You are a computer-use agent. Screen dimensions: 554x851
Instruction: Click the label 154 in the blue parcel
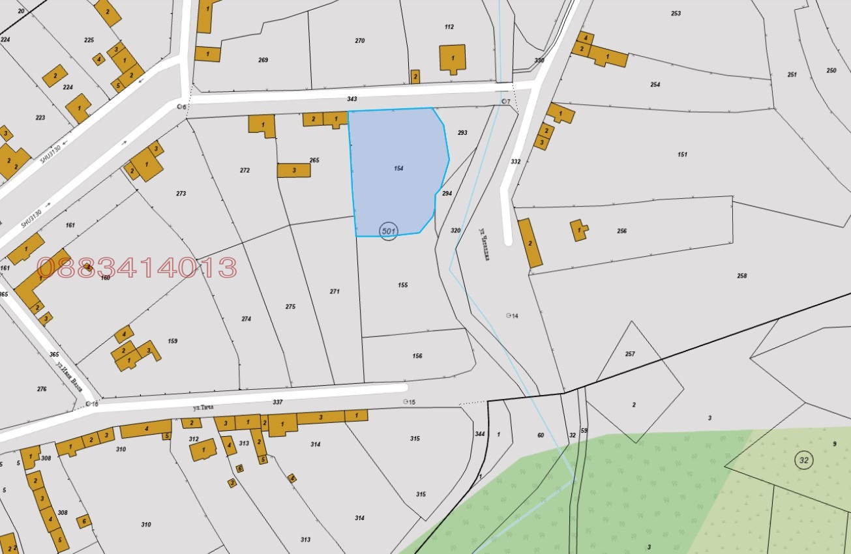(398, 168)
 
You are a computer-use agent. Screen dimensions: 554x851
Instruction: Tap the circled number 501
(388, 231)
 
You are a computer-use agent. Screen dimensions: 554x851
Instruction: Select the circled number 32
(803, 460)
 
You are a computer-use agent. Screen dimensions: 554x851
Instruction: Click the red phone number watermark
(136, 268)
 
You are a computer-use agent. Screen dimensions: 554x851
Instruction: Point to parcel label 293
(462, 133)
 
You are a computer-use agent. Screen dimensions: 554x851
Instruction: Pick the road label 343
(352, 99)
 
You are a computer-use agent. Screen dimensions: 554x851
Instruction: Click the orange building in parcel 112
(452, 58)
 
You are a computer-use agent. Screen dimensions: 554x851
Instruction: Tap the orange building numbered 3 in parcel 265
(293, 170)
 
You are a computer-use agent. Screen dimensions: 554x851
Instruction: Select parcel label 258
(741, 276)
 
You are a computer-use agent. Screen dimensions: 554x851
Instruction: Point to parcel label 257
(629, 354)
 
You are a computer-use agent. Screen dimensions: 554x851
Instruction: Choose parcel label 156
(417, 356)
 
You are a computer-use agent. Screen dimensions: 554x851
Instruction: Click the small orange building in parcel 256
(578, 229)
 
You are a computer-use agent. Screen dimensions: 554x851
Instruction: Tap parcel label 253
(676, 14)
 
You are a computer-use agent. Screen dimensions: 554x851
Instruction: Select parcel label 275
(290, 306)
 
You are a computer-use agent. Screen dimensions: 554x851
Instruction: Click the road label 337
(278, 402)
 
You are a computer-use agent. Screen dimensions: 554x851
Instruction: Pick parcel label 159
(172, 341)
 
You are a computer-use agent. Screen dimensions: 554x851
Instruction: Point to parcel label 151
(682, 154)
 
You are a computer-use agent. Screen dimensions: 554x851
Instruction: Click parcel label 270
(359, 40)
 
